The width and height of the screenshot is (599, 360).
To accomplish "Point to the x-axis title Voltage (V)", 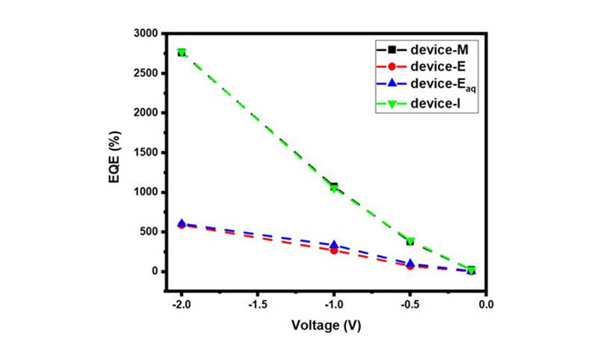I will pos(333,327).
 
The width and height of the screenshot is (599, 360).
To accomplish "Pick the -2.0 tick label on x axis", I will pos(180,305).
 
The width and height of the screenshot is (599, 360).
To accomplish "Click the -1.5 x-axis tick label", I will pos(257,305).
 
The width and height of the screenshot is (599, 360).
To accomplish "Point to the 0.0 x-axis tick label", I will pos(486,305).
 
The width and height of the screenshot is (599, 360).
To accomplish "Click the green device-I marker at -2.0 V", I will pos(181,53).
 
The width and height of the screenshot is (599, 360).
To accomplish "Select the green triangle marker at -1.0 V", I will pos(334,188).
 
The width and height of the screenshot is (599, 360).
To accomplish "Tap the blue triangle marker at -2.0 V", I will pos(181,223).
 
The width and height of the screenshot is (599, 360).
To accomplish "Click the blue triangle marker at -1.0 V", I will pos(334,245).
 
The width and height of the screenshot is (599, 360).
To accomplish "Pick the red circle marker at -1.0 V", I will pos(334,251).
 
